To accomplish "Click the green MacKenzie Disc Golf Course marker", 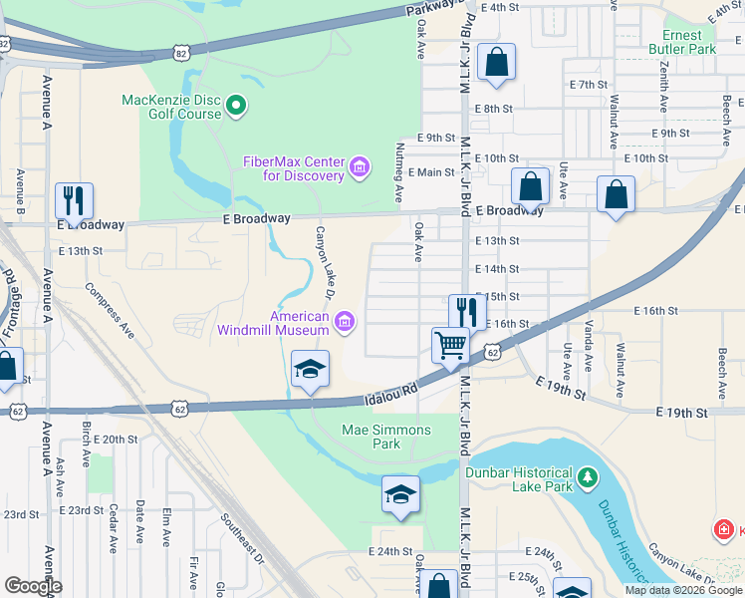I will point(236,105).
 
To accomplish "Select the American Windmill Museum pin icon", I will point(345,321).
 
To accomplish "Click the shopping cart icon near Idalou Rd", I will point(450,346).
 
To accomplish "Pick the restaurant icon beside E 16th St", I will point(467,312).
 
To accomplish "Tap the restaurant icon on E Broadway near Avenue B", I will point(74,200).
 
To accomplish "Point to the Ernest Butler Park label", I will point(682,42).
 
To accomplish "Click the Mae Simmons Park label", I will point(386,438).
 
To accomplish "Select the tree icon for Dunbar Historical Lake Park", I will point(587,479).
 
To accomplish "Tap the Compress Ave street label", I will point(110,309).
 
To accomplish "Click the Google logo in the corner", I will point(32,586).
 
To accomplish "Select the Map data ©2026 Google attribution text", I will point(682,590).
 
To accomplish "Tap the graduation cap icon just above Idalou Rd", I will point(310,369).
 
